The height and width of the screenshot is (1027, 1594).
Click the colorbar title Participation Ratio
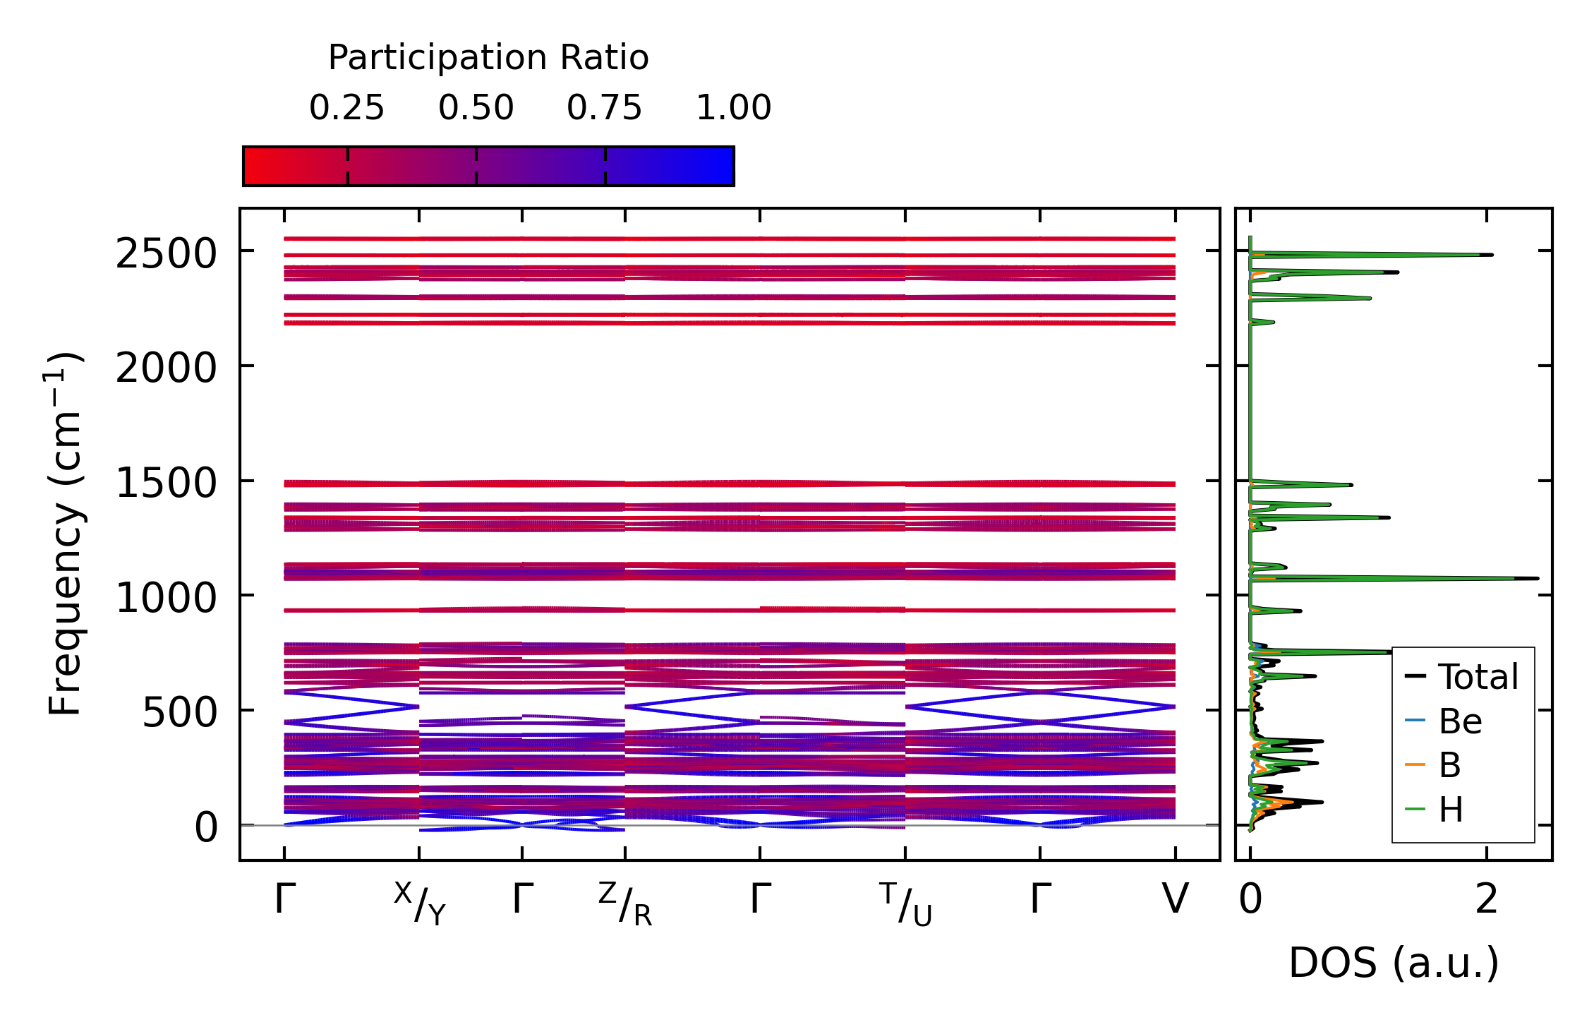pos(488,58)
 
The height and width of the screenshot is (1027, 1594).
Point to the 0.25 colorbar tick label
pos(346,108)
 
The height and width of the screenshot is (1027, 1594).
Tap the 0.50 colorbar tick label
pos(476,108)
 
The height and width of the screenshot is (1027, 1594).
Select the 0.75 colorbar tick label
pos(605,108)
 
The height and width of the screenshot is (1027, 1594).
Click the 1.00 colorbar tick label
pos(734,108)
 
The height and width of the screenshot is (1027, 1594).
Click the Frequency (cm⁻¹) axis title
pos(65,534)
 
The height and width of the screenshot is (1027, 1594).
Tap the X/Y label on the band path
pos(420,903)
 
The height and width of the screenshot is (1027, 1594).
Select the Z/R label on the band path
pos(625,903)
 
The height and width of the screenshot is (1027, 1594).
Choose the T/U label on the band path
pos(905,903)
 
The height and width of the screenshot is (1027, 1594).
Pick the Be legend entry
pos(1460,721)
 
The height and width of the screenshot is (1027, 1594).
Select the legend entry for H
pos(1451,810)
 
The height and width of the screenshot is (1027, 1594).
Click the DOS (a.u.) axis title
pos(1394,963)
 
